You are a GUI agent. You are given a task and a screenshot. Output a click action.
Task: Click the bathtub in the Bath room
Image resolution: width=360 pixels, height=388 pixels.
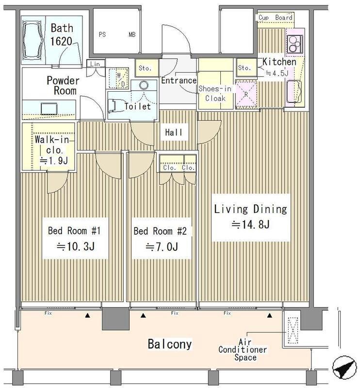coord(33,40)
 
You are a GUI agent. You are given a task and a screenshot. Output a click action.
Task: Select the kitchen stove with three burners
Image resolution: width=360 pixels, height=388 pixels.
coord(295,45)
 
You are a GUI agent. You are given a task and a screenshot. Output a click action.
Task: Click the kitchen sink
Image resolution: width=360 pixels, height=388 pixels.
coord(294,91)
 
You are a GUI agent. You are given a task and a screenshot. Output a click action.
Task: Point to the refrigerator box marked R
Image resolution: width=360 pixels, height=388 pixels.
coord(246,94)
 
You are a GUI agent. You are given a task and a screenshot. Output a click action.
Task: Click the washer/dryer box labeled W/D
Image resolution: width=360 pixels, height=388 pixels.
coord(119,78)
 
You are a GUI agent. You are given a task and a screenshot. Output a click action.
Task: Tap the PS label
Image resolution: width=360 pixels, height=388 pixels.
coord(102,34)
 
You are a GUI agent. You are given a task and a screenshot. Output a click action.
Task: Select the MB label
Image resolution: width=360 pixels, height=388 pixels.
coord(132,34)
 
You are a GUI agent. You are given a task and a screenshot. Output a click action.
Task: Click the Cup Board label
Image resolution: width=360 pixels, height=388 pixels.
coord(275,17)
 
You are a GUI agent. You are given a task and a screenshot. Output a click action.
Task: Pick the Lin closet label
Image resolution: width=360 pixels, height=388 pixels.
coord(95,64)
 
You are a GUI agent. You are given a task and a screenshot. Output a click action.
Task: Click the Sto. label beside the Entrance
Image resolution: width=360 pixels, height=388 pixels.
coord(145,68)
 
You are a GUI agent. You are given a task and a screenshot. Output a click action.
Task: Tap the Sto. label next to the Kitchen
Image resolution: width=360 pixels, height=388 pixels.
coord(245,67)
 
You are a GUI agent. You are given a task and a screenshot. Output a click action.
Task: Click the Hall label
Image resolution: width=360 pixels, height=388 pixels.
coord(174,132)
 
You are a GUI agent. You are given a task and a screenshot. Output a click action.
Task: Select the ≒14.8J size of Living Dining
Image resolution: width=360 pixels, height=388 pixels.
coord(250,225)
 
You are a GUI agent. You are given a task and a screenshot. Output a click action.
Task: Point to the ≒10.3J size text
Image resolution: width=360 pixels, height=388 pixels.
coord(76,246)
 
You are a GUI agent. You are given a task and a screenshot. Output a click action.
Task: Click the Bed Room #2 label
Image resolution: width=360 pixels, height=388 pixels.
coord(160,231)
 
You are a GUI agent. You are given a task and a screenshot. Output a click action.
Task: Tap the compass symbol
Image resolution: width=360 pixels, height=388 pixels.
coord(344,368)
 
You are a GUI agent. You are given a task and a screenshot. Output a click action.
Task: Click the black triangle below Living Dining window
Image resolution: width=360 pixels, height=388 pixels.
coord(270,316)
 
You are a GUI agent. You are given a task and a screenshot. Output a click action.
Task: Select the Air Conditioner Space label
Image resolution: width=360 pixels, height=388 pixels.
coord(243,350)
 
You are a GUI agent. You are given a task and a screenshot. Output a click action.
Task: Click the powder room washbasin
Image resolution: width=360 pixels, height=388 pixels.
coord(49,109)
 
